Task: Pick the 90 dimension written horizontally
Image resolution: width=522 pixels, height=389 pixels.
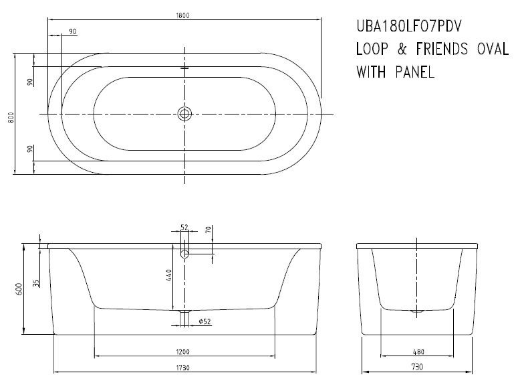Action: pos(72,32)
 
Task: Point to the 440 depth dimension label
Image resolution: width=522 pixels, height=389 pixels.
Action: pos(171,275)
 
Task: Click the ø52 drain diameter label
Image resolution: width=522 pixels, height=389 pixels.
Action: pos(205,322)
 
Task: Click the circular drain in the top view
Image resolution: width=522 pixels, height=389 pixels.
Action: pos(184,114)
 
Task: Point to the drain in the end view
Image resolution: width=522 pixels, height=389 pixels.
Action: pos(418,311)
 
